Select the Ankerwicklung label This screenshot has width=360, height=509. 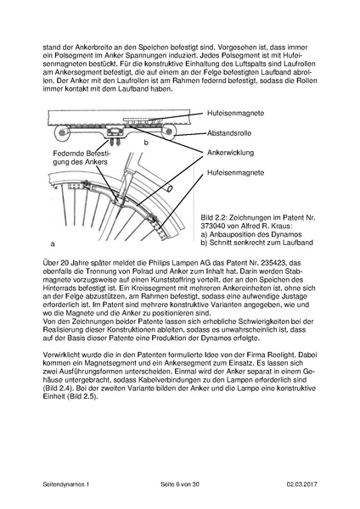(231, 154)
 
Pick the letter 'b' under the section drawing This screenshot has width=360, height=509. (146, 143)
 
